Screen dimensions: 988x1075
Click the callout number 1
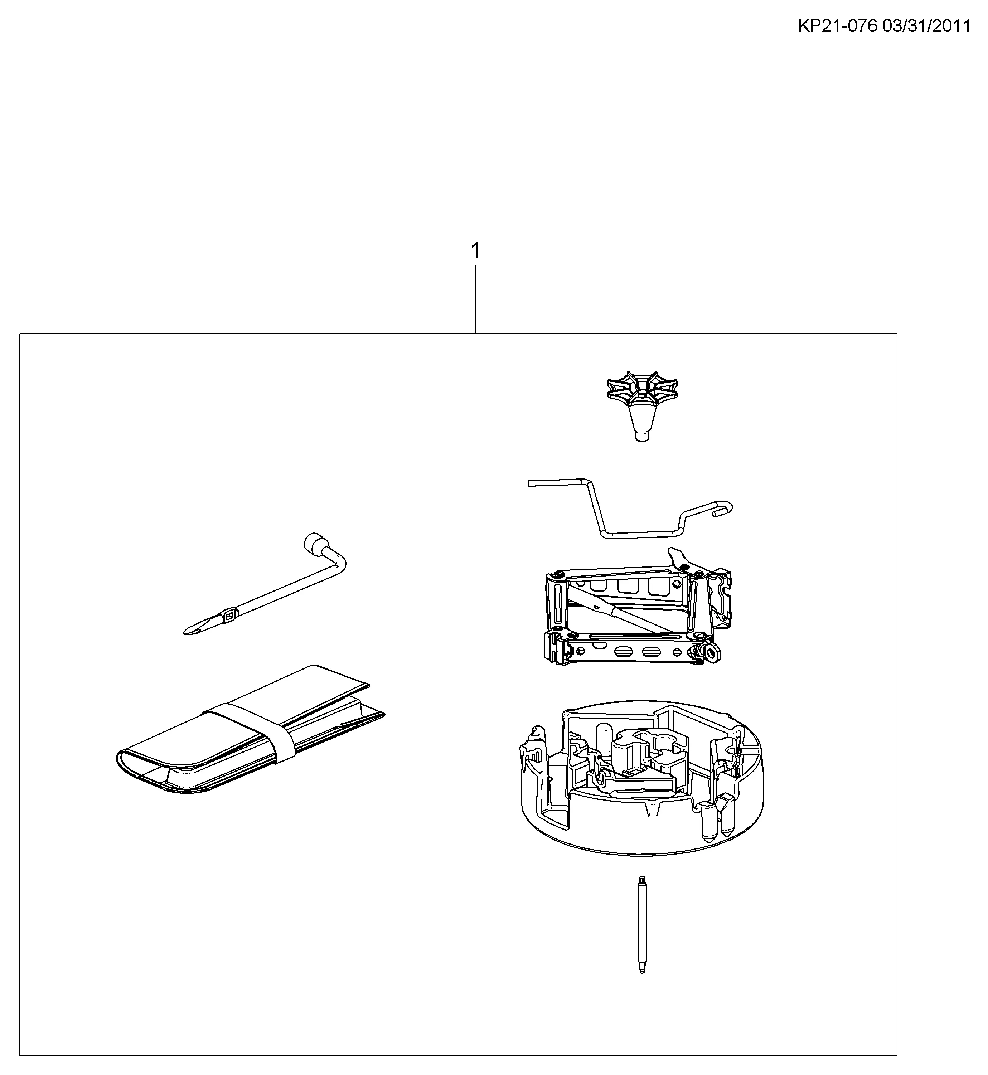click(x=475, y=251)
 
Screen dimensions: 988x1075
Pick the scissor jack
click(x=636, y=607)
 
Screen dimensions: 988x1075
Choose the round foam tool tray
click(x=642, y=780)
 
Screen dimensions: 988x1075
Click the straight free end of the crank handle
click(x=556, y=483)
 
